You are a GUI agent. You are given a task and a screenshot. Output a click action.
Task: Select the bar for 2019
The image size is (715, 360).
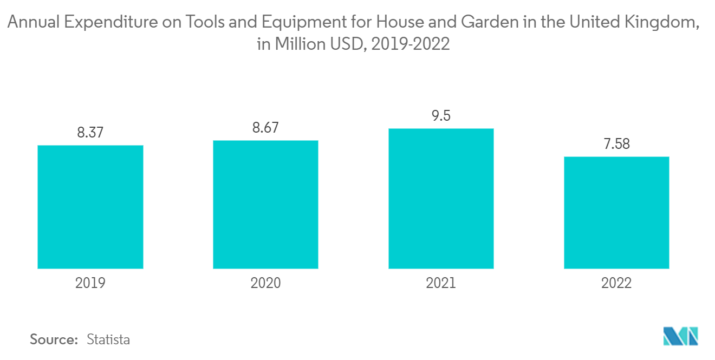pos(90,207)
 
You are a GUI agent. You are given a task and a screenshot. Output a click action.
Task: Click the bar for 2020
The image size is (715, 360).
pos(265,205)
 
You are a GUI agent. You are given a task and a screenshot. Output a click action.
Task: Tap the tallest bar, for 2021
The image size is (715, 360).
pos(441,199)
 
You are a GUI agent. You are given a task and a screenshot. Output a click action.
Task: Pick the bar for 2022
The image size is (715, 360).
pos(616,213)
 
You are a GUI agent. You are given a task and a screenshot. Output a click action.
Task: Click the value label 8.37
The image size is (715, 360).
pos(90,133)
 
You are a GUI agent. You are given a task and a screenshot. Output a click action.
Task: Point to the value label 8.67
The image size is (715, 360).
pos(265,128)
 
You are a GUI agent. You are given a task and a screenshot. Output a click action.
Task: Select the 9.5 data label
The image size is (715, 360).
pos(441,115)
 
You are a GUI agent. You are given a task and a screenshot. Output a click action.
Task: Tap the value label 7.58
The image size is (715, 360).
pos(616,143)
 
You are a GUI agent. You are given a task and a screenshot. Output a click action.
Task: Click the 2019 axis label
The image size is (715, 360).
pos(90,283)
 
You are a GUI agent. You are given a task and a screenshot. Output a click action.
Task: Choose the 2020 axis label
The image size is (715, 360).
pos(265,283)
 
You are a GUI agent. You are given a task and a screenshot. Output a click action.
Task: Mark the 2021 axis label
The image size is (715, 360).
pos(441,283)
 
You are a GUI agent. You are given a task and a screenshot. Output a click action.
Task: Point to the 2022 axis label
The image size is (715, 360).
pos(616,283)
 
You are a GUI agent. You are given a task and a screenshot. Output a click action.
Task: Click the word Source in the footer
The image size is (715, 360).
pos(54,339)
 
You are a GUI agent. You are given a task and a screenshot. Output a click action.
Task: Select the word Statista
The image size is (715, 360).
pos(108,339)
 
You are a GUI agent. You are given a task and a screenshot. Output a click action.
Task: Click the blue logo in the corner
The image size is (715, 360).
pos(680,336)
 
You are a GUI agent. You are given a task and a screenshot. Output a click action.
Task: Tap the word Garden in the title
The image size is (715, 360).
pos(490,22)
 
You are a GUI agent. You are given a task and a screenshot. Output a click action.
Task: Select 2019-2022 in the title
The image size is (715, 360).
pos(411,44)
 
